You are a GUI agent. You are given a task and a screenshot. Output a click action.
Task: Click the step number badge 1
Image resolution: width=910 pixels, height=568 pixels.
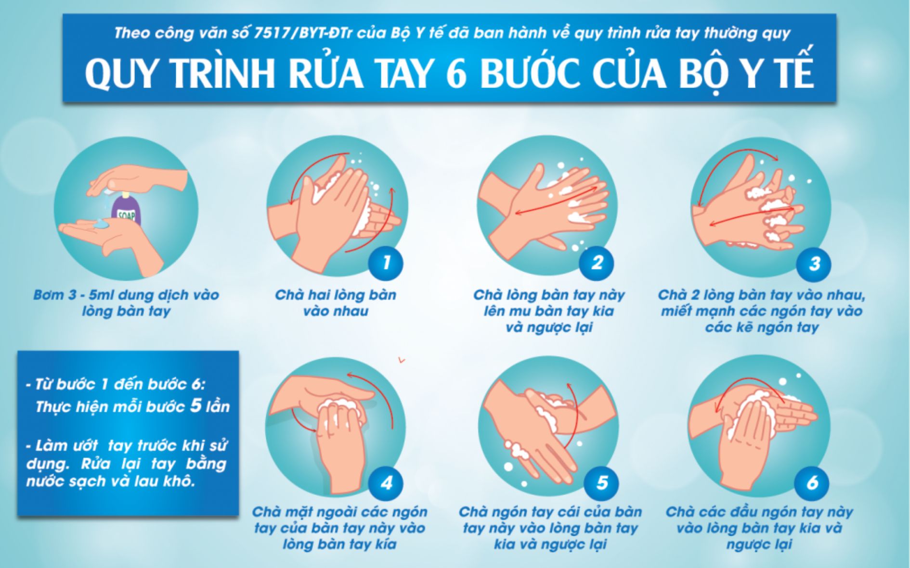tap(386, 263)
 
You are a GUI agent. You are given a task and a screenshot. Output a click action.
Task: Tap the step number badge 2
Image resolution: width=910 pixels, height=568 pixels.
tap(597, 263)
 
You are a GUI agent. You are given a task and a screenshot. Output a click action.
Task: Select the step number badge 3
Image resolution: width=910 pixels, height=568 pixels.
tap(814, 264)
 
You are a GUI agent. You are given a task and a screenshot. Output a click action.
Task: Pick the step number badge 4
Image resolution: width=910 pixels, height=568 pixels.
tap(386, 482)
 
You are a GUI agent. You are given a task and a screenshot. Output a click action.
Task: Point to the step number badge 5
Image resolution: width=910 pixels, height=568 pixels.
tap(601, 482)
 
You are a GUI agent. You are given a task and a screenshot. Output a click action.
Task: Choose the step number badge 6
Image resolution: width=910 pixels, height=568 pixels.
tap(812, 482)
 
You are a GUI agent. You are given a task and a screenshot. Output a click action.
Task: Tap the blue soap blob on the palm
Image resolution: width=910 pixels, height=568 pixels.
tap(101, 224)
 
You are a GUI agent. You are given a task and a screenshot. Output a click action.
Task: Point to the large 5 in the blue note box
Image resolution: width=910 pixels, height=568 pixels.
tap(195, 405)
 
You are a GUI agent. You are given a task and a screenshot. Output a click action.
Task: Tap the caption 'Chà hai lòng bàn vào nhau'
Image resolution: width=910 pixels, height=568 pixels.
tap(336, 303)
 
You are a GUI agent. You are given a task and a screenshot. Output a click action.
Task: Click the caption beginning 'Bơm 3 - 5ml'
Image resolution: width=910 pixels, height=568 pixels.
tap(126, 303)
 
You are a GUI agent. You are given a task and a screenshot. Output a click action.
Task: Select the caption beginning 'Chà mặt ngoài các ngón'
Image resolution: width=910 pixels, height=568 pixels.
tap(339, 528)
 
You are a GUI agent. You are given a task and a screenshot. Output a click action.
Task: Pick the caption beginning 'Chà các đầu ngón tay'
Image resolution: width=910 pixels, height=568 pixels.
tap(759, 528)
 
